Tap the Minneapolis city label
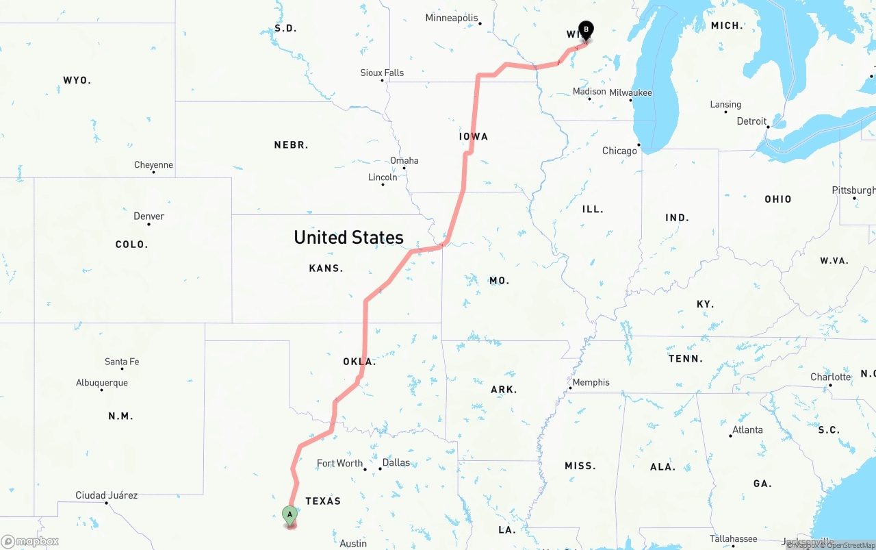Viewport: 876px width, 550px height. (452, 18)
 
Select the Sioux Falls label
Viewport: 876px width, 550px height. (382, 73)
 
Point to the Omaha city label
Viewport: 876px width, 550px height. (404, 161)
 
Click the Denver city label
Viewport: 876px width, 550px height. (149, 216)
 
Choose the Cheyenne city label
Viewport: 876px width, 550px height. (153, 165)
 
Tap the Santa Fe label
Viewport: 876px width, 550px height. (122, 362)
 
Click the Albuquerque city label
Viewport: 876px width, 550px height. (101, 383)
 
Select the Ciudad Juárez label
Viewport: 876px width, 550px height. (106, 495)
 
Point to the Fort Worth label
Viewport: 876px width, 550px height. (339, 464)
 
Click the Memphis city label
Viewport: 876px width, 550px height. (591, 382)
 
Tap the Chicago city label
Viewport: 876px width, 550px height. (619, 151)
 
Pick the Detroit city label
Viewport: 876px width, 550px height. (751, 121)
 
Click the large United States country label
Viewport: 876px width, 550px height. (348, 237)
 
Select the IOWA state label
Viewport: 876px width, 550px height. (473, 136)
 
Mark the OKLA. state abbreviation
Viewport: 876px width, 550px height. (359, 362)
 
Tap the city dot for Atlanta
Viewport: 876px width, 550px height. (731, 436)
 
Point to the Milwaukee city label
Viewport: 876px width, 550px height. (630, 92)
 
